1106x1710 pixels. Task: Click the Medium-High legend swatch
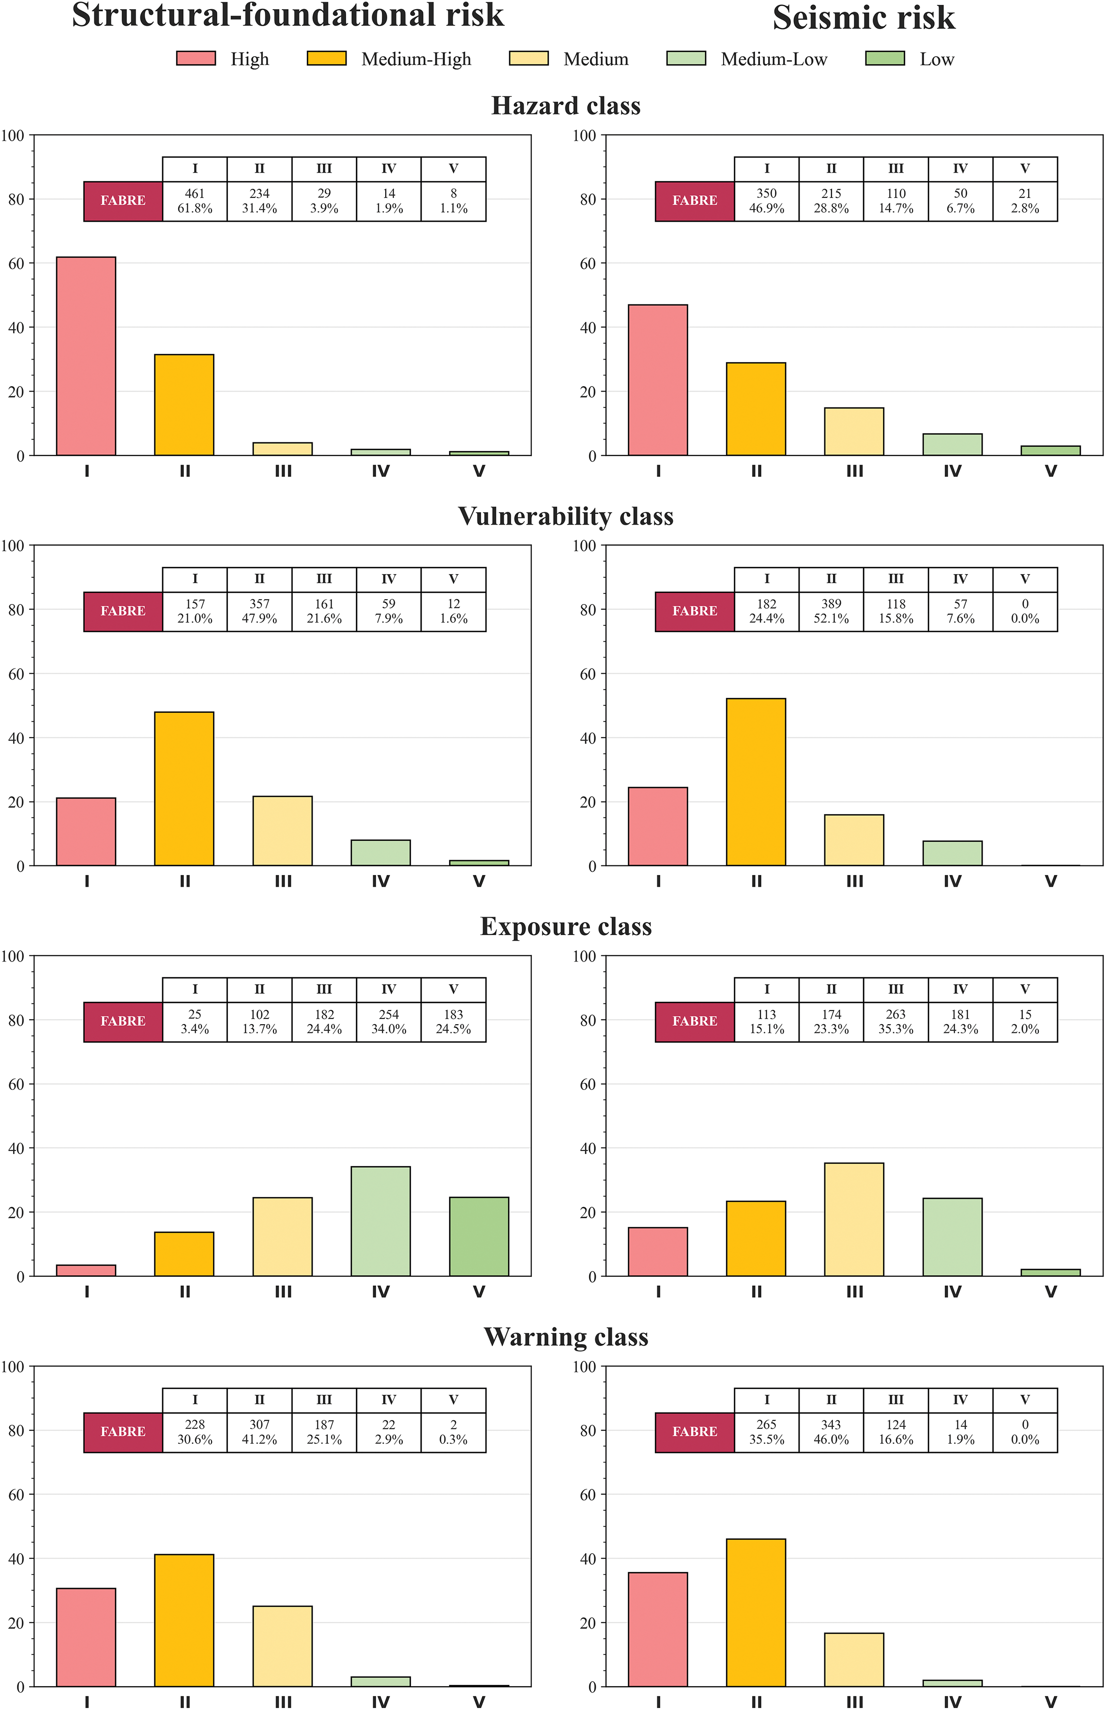pos(326,59)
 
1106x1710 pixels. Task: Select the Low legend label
pos(937,60)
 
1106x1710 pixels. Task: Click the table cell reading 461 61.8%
pos(195,201)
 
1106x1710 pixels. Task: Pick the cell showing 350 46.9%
pos(766,201)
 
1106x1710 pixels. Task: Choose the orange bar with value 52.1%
pos(756,781)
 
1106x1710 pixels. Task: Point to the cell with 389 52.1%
pos(831,611)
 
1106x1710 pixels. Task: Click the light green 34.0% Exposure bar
pos(380,1221)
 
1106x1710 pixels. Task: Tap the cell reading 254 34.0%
pos(389,1021)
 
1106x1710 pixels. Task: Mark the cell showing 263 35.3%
pos(895,1021)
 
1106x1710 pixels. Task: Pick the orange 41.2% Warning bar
pos(184,1620)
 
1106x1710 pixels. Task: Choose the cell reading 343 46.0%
pos(831,1432)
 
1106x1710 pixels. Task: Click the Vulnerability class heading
pos(566,516)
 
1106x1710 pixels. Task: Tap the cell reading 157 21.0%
pos(195,611)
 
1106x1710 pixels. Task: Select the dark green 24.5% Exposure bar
pos(479,1236)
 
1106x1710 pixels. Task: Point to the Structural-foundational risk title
pos(288,16)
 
